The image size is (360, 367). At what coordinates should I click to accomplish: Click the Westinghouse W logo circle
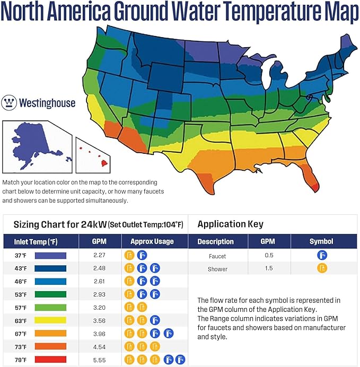(x=10, y=102)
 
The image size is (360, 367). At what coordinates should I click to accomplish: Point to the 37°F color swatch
(x=50, y=255)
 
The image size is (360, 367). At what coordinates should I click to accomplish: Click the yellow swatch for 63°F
(x=50, y=320)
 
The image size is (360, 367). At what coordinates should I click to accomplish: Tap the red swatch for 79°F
(x=50, y=360)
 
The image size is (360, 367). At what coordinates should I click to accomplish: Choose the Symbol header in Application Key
(x=321, y=241)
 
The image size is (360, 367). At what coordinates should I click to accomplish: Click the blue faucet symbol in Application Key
(x=322, y=256)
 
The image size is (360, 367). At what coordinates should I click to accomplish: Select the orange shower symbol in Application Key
(x=322, y=268)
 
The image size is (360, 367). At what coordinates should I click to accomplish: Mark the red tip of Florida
(x=315, y=187)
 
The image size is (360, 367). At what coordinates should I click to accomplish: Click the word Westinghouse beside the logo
(x=47, y=102)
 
